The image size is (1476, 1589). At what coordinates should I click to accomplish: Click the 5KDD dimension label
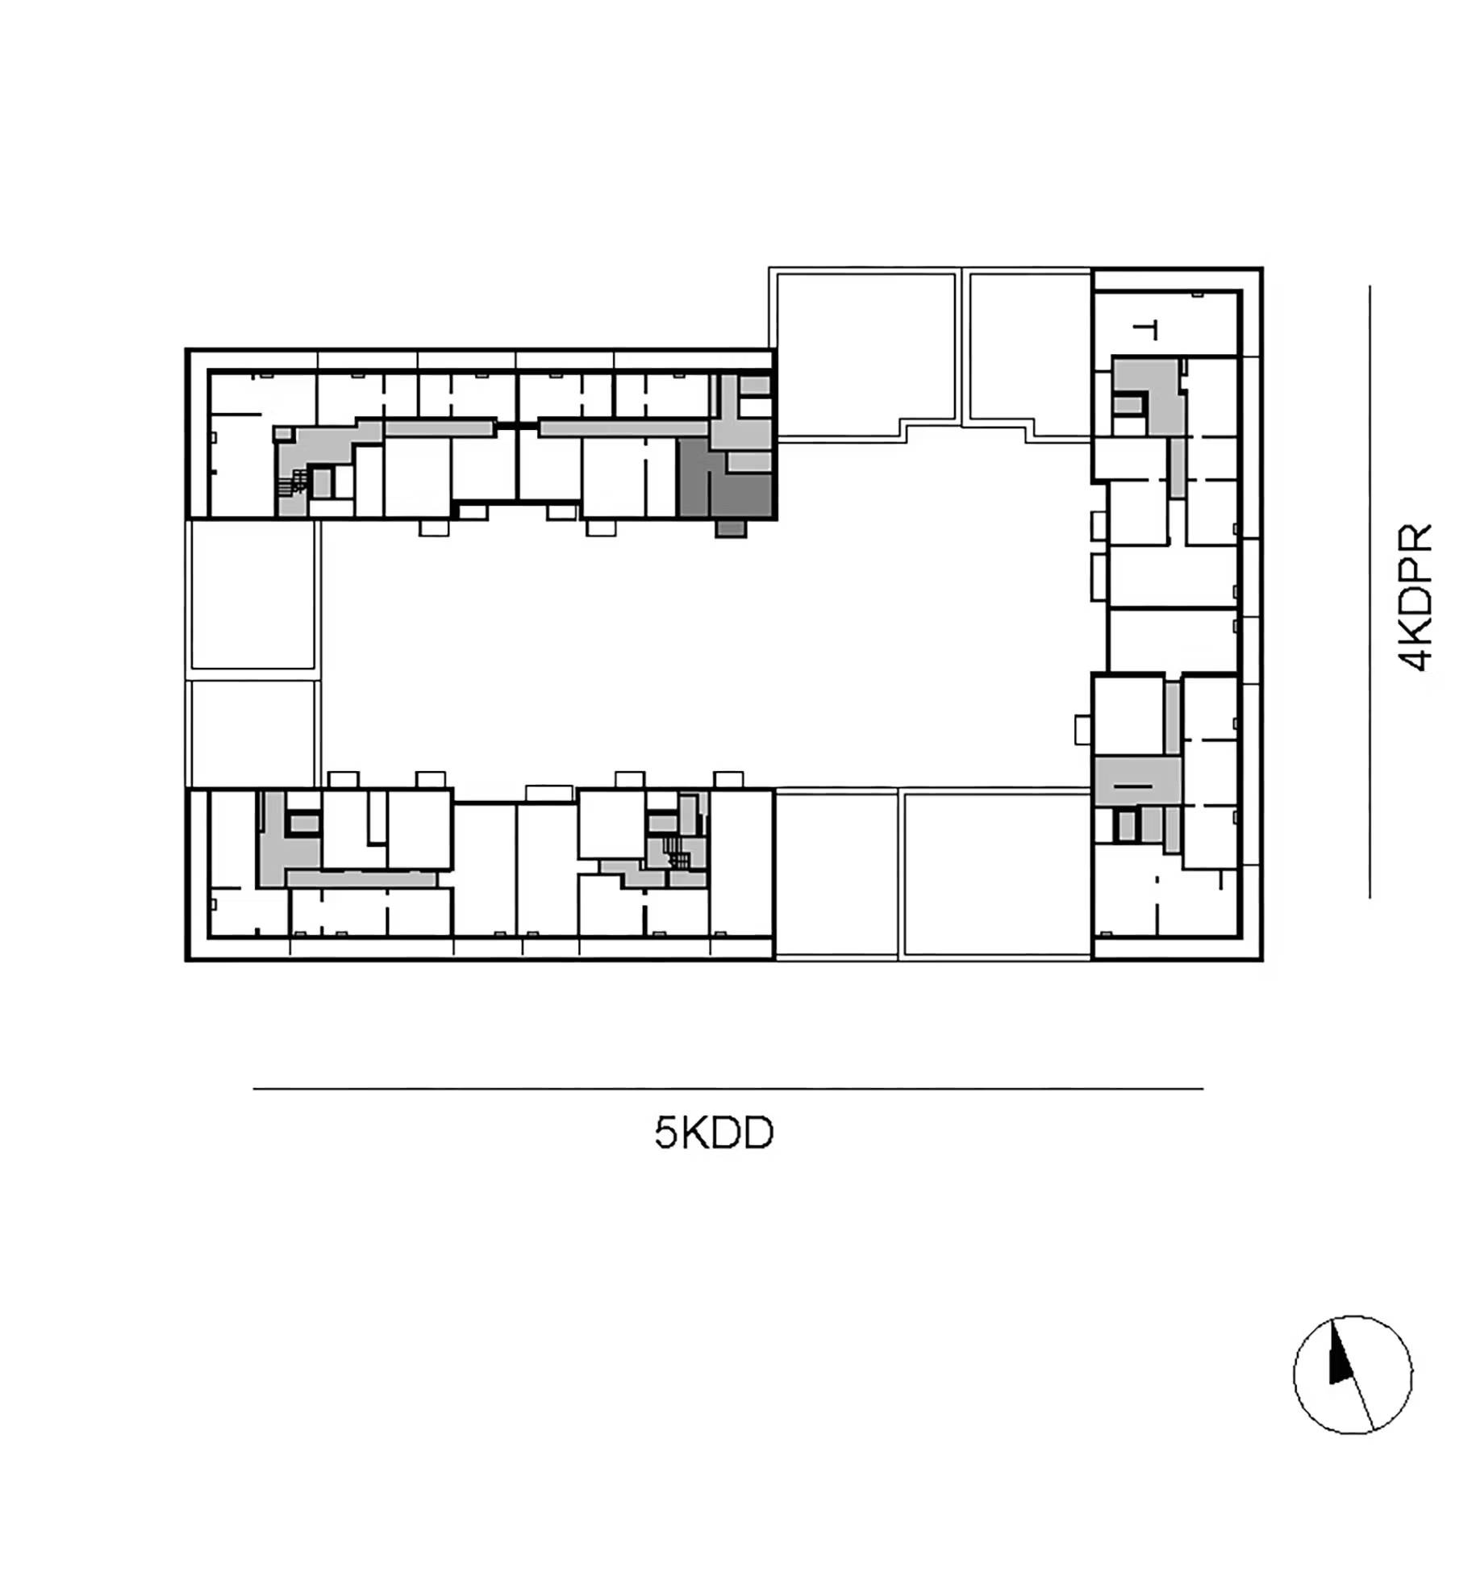714,1133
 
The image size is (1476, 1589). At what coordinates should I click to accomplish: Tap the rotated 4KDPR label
1415,598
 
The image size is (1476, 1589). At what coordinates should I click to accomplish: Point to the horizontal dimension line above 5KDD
728,1089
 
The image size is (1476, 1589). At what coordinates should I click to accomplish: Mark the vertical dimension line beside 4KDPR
1370,591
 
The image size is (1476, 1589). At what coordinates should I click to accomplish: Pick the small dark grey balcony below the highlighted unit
732,528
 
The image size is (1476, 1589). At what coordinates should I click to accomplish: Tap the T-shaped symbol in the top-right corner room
1146,330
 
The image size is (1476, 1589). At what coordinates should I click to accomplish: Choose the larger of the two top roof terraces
865,355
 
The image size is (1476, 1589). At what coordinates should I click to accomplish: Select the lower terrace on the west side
252,733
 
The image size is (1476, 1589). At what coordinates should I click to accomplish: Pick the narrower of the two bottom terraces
836,874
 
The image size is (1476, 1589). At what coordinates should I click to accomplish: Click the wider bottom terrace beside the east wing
996,874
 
